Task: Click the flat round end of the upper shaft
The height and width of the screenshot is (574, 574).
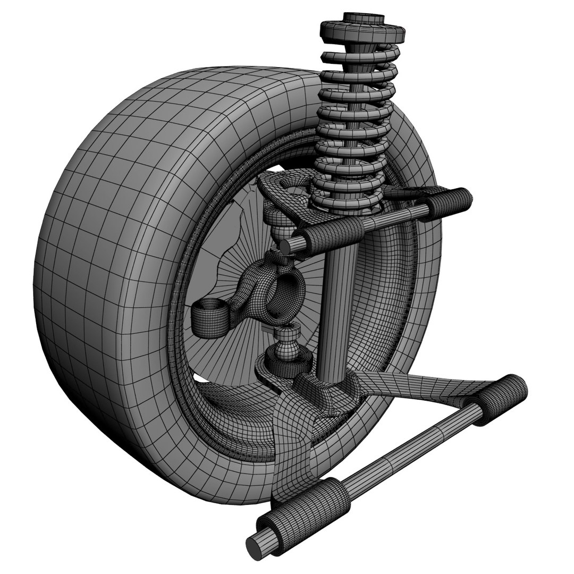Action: pos(290,246)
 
